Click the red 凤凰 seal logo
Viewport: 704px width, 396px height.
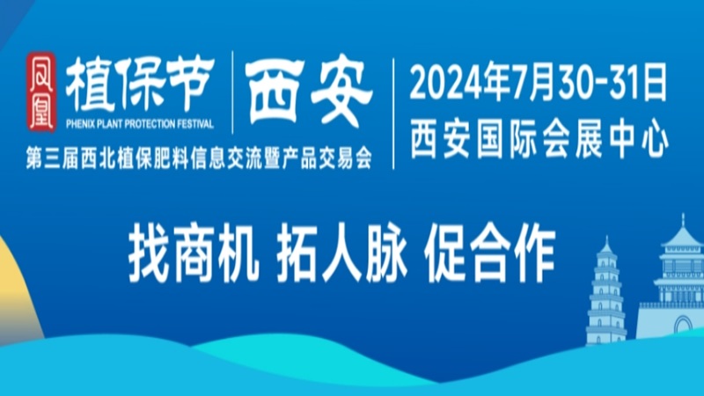click(x=40, y=92)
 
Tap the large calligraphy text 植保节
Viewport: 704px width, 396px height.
click(x=140, y=84)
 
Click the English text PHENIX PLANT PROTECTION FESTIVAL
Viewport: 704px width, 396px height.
click(x=140, y=124)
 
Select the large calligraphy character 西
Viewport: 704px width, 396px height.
click(x=274, y=92)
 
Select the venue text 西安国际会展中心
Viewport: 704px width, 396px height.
click(x=539, y=138)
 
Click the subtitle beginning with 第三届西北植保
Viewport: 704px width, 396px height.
click(x=199, y=158)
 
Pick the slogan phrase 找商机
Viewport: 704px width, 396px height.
click(x=193, y=254)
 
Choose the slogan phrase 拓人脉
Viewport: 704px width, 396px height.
click(x=341, y=254)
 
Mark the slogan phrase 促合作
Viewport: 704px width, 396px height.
click(x=489, y=254)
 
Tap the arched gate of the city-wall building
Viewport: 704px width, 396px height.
click(x=683, y=325)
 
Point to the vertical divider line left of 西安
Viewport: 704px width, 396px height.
click(x=232, y=92)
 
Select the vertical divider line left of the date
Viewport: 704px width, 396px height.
click(x=393, y=114)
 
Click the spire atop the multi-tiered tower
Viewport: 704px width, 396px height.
click(x=683, y=221)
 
